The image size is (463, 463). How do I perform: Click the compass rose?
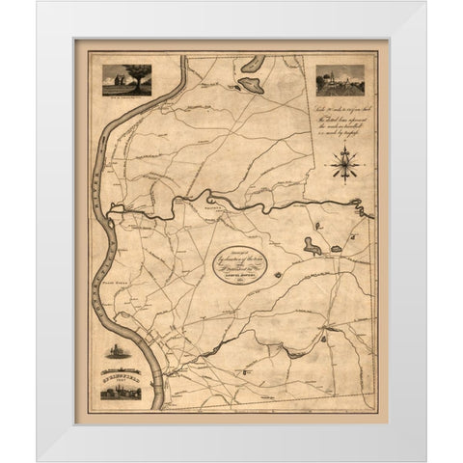pos(342,168)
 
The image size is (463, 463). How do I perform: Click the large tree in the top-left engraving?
pos(129,76)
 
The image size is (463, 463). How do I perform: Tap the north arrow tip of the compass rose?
pos(342,153)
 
